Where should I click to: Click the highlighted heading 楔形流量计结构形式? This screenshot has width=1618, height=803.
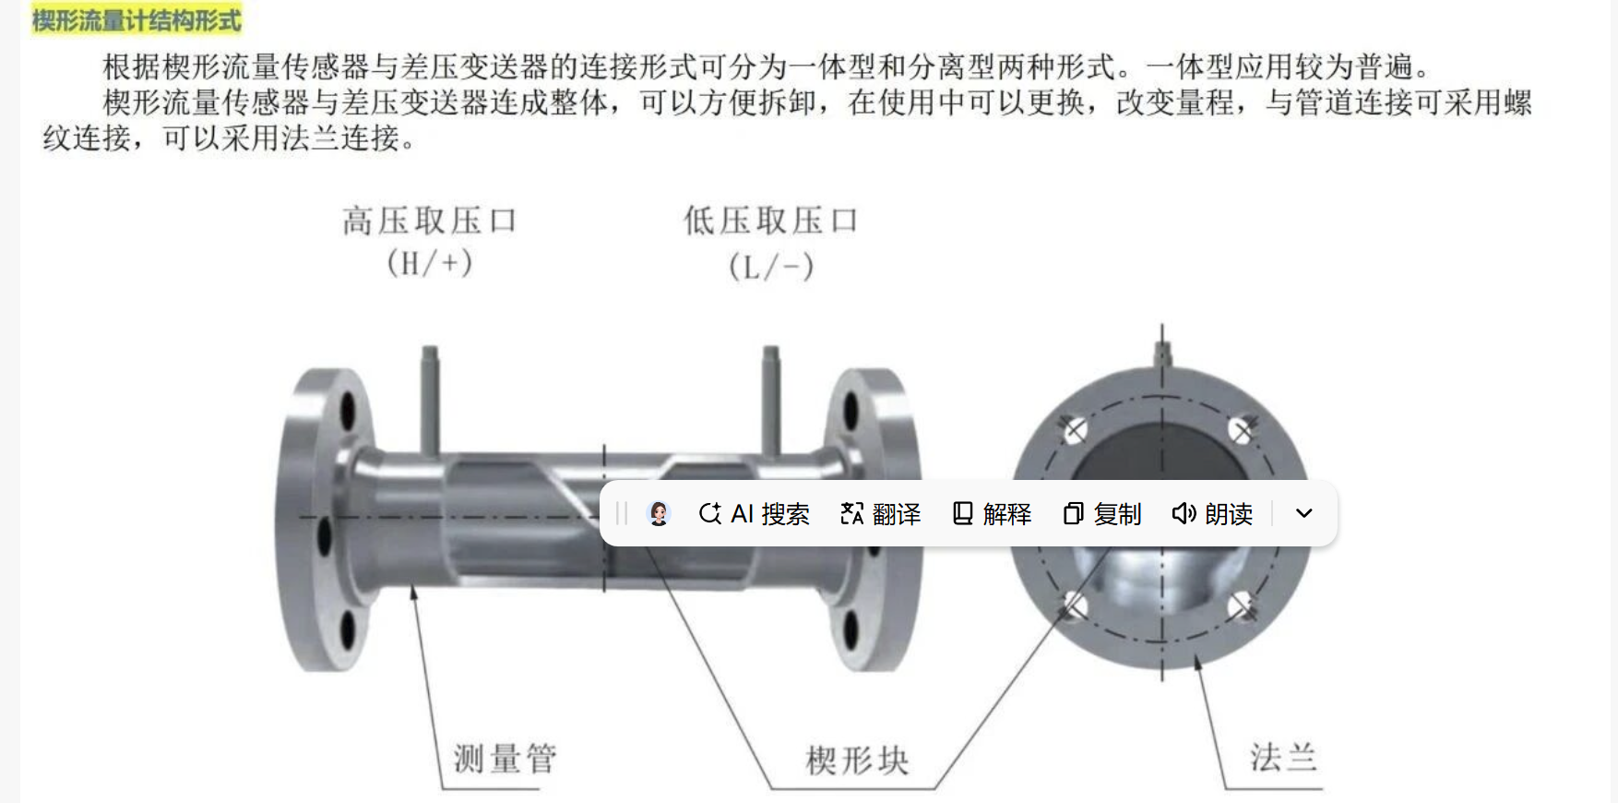pyautogui.click(x=136, y=19)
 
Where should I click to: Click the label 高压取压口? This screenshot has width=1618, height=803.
pyautogui.click(x=429, y=222)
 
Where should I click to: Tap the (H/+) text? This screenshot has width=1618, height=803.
pyautogui.click(x=429, y=264)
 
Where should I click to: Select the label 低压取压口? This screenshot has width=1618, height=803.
pyautogui.click(x=771, y=222)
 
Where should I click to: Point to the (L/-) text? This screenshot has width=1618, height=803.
pyautogui.click(x=771, y=268)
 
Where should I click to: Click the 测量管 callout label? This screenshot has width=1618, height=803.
pyautogui.click(x=505, y=760)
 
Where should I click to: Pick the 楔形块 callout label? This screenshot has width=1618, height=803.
pyautogui.click(x=857, y=761)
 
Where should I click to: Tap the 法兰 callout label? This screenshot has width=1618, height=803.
pyautogui.click(x=1283, y=758)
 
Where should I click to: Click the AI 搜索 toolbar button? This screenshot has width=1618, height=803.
pyautogui.click(x=755, y=514)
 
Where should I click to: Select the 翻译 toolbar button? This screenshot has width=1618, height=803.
pyautogui.click(x=881, y=514)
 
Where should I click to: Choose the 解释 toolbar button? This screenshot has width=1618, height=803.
pyautogui.click(x=992, y=514)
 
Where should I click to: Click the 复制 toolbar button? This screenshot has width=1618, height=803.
pyautogui.click(x=1102, y=514)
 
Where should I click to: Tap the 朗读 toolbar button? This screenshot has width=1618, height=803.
pyautogui.click(x=1212, y=514)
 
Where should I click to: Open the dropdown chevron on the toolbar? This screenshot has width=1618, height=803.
pyautogui.click(x=1303, y=514)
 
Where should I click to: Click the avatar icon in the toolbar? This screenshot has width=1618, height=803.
pyautogui.click(x=659, y=514)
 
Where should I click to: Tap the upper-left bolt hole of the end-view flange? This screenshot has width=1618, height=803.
pyautogui.click(x=1075, y=429)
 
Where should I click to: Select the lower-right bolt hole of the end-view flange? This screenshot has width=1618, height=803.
pyautogui.click(x=1242, y=605)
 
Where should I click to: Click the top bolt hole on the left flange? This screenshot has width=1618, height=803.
pyautogui.click(x=348, y=411)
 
